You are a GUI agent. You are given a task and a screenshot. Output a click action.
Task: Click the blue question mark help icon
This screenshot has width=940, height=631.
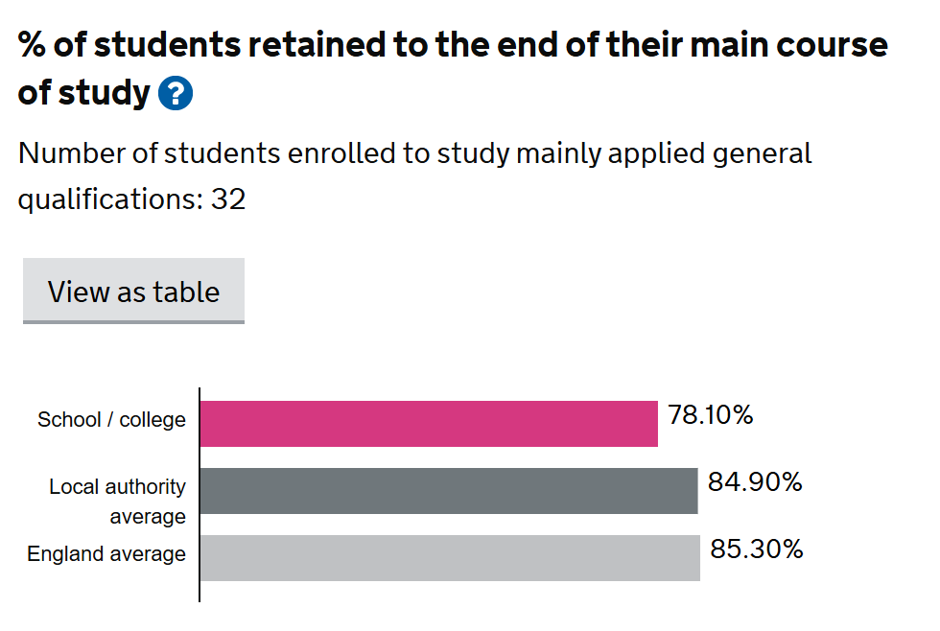point(176,94)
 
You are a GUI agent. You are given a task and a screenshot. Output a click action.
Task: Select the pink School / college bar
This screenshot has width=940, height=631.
point(429,423)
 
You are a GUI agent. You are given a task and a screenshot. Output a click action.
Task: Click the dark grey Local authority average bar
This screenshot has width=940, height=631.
point(449,490)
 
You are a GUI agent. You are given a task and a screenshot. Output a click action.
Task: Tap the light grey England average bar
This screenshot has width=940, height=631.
point(450,557)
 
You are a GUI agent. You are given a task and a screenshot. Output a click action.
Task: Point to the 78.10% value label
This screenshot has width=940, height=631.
point(710,416)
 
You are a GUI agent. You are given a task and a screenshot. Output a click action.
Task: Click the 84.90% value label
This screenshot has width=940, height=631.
point(754,482)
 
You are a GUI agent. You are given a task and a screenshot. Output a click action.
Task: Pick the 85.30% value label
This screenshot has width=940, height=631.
point(756,549)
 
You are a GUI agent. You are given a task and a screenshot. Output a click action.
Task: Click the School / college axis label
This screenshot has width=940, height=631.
point(111,420)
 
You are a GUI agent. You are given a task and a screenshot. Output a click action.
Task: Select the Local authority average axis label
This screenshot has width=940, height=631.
point(117,501)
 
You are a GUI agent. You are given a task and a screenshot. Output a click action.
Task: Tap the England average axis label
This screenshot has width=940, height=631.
point(106,554)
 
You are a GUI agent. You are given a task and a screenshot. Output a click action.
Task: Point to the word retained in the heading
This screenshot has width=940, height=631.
point(314,45)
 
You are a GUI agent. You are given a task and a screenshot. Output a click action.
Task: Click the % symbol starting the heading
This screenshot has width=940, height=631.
point(32,45)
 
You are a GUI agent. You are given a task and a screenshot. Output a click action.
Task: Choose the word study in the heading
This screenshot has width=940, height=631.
point(104,93)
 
